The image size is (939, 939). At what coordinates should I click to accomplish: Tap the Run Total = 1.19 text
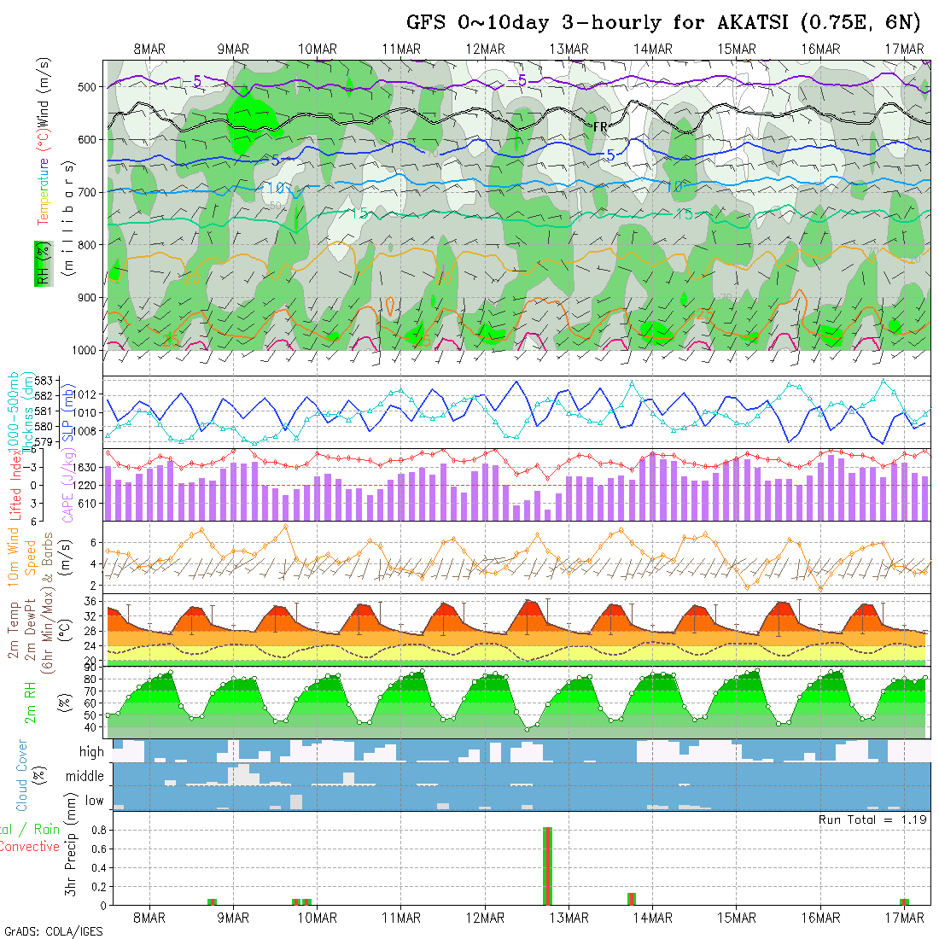pyautogui.click(x=872, y=819)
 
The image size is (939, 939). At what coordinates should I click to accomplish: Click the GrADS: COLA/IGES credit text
pyautogui.click(x=53, y=931)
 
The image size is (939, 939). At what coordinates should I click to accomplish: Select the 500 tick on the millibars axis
pyautogui.click(x=90, y=87)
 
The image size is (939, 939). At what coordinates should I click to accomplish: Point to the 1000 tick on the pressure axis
pyautogui.click(x=86, y=350)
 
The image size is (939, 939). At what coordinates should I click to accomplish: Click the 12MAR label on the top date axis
pyautogui.click(x=486, y=50)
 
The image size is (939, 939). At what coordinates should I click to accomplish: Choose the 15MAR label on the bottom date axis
pyautogui.click(x=737, y=918)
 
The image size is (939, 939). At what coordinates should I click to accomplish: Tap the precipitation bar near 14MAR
pyautogui.click(x=632, y=898)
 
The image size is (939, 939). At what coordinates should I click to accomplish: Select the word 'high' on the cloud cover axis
pyautogui.click(x=91, y=752)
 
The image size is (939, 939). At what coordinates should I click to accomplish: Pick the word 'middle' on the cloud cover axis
pyautogui.click(x=85, y=777)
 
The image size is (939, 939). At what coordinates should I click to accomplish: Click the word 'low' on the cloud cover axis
pyautogui.click(x=94, y=801)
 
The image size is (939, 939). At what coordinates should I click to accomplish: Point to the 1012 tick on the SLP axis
pyautogui.click(x=88, y=395)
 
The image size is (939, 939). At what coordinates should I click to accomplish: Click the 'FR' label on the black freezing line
pyautogui.click(x=600, y=126)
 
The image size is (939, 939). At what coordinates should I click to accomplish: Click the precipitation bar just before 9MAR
pyautogui.click(x=213, y=901)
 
